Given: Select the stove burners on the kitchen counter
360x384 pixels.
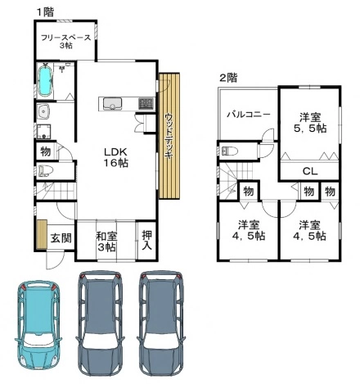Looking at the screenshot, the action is [x=146, y=104].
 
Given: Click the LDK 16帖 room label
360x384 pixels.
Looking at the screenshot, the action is [x=115, y=157].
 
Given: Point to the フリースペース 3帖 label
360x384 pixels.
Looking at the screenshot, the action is [x=65, y=41].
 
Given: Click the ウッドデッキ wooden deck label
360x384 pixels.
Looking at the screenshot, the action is [x=169, y=136].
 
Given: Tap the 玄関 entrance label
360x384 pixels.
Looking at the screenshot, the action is [x=61, y=238].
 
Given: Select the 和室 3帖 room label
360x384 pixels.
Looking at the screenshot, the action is [x=106, y=242].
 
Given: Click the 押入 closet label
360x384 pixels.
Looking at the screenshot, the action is [x=147, y=240].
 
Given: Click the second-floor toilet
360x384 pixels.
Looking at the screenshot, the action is [x=229, y=151].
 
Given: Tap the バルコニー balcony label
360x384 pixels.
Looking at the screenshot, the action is [x=249, y=114].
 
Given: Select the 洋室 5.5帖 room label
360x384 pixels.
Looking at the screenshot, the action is [x=310, y=123].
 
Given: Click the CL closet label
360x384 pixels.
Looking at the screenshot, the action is [x=310, y=171].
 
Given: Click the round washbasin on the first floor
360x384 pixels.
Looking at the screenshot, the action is [x=43, y=111].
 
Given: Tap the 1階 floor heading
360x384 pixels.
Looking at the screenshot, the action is [x=46, y=11].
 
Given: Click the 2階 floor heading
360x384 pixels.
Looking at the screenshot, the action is [x=228, y=78].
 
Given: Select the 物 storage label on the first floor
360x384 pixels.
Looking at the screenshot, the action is [x=46, y=151].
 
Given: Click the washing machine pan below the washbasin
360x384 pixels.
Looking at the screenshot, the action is [x=43, y=132].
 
